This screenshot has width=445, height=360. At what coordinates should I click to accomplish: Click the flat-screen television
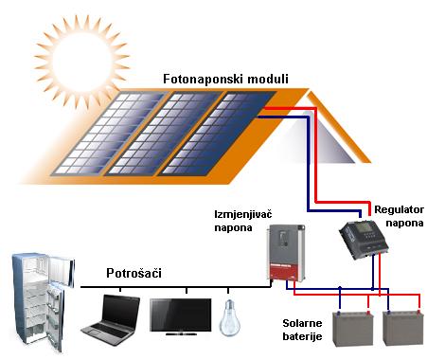tap(181, 315)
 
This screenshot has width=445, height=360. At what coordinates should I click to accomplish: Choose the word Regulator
tap(399, 207)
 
